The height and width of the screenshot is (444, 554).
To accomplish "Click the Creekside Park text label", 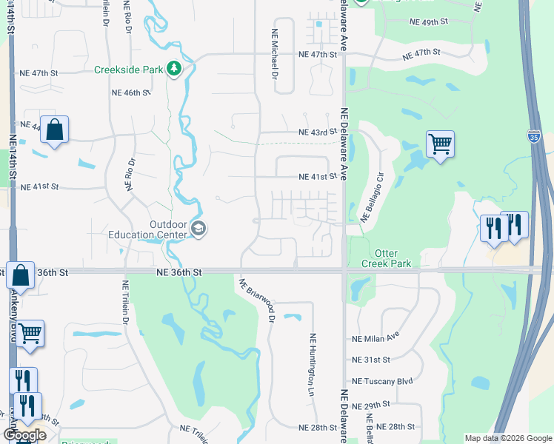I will point(128,70).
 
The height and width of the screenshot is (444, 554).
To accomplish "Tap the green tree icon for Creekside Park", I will point(174,69).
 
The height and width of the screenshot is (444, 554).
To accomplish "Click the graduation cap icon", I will point(198,229).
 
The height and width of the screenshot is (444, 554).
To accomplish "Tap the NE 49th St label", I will point(429,21).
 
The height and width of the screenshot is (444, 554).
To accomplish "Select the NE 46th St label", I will point(130,92).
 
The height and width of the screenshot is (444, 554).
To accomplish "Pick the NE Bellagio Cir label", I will point(373,198).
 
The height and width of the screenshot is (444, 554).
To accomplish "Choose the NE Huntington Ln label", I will point(310,363).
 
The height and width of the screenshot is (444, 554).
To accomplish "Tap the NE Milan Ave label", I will point(376,339).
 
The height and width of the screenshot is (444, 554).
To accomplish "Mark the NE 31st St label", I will point(370,360).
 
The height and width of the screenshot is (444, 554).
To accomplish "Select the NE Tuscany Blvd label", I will point(382,382).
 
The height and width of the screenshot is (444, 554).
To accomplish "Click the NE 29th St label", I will point(370,406).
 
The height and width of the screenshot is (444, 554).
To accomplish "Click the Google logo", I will point(24,434).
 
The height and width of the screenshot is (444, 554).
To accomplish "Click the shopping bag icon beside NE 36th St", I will point(21,275).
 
